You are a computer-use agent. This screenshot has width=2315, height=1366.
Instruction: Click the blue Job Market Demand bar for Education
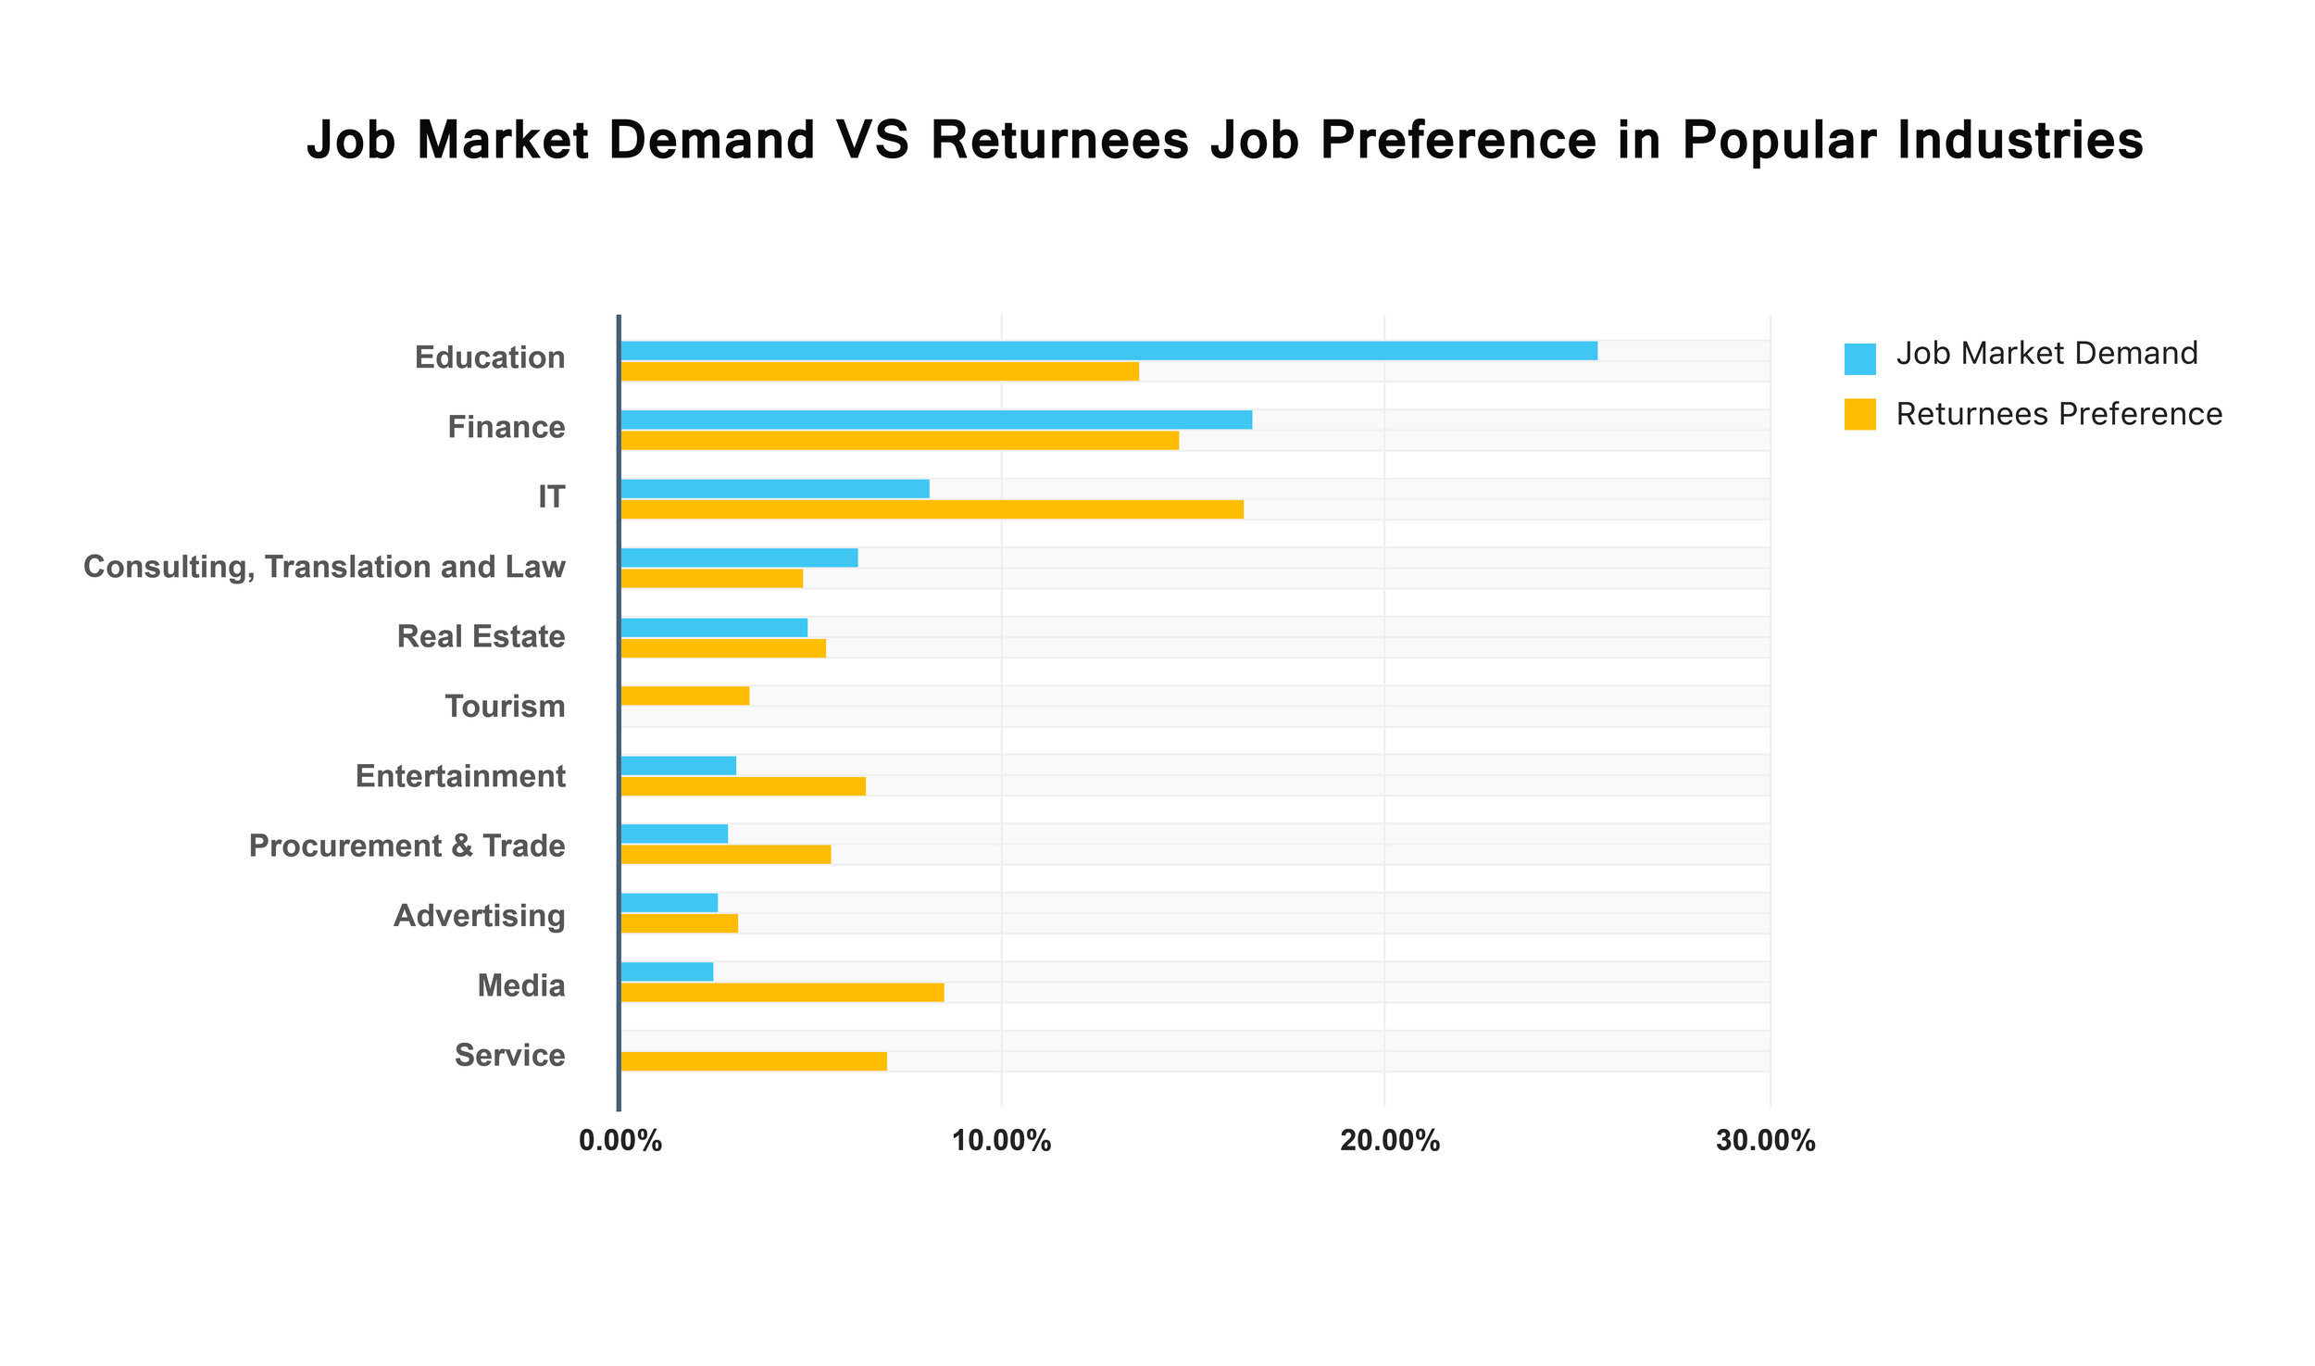tap(1107, 350)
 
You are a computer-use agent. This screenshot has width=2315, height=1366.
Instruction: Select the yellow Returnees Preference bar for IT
tap(932, 509)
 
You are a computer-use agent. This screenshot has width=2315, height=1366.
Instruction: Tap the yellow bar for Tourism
tap(684, 696)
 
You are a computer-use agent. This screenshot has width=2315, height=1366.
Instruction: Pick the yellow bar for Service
tap(753, 1061)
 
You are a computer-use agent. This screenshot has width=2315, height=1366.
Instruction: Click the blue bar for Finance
tap(935, 420)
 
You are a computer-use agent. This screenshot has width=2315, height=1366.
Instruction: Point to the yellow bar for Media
tap(782, 993)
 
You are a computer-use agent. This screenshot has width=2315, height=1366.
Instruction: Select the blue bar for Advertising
tap(669, 903)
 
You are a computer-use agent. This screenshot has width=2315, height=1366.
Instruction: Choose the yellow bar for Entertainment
tap(743, 786)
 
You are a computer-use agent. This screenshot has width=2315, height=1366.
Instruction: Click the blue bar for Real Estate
tap(713, 628)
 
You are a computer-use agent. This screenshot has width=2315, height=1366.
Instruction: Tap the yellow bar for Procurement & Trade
tap(725, 854)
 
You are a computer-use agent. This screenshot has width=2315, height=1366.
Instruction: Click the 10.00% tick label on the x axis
tap(1001, 1141)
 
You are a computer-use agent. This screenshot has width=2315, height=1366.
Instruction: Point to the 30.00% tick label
tap(1765, 1141)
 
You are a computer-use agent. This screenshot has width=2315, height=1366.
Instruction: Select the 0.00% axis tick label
tap(619, 1141)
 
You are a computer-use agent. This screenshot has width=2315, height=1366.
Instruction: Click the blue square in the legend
tap(1859, 358)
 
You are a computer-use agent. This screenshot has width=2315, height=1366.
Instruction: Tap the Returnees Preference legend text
tap(2058, 414)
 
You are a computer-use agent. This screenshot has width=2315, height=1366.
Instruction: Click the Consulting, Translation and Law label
tap(324, 567)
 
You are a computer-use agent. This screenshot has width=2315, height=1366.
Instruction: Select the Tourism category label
tap(505, 707)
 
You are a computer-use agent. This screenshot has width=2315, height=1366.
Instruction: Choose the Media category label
tap(520, 985)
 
